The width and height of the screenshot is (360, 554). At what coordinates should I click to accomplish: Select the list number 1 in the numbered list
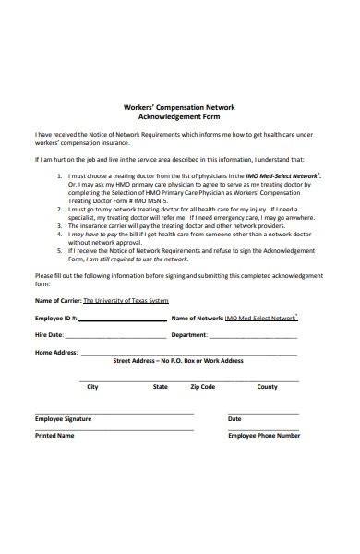coord(59,174)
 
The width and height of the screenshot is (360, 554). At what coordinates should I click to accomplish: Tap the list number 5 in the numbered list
coord(59,249)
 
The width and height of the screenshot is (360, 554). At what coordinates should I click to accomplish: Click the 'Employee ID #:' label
coord(55,319)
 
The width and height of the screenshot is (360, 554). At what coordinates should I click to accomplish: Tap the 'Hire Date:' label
coord(49,335)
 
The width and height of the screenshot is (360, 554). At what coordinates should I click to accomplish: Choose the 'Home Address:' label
coord(55,352)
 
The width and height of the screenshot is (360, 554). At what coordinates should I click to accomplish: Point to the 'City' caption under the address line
coord(92,387)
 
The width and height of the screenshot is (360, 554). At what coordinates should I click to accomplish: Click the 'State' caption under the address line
coord(161,387)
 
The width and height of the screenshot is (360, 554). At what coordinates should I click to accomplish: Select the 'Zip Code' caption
coord(203,387)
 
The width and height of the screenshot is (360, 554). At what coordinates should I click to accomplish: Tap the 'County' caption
coord(267,387)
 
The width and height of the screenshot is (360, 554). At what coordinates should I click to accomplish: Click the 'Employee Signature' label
coord(63,419)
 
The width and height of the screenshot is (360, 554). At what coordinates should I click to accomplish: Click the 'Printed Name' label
coord(54,435)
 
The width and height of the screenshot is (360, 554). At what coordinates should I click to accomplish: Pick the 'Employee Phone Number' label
coord(264,435)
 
